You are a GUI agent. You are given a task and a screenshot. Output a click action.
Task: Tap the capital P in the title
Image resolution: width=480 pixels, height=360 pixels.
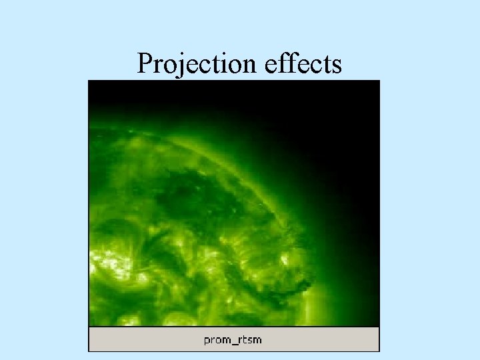[x=145, y=64]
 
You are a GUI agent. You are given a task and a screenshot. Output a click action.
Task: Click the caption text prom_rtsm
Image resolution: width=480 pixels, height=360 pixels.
[x=233, y=340]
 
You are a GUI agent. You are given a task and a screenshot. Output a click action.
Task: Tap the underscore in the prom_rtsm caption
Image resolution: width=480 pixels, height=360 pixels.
[x=233, y=343]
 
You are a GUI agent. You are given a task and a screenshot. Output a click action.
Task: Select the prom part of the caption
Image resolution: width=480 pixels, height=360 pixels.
[x=217, y=340]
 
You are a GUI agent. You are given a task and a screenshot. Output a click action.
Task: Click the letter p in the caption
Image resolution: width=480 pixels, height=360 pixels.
[x=207, y=341]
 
